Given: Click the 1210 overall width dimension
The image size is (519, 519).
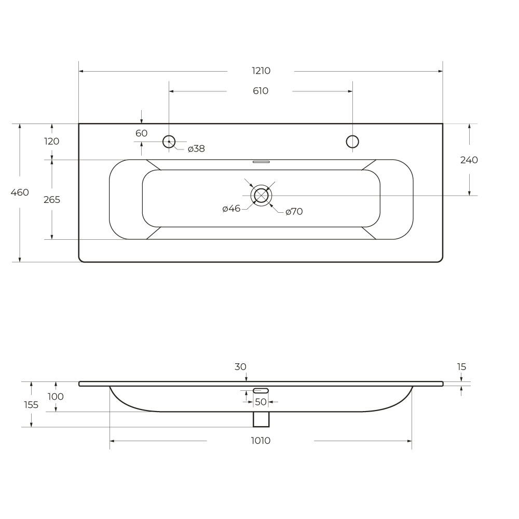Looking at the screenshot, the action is [x=261, y=71].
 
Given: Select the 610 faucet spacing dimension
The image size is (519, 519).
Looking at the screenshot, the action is [x=261, y=91].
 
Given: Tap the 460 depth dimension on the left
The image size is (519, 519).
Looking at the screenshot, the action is [x=20, y=193].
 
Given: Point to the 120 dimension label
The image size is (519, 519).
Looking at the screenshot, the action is [x=51, y=141].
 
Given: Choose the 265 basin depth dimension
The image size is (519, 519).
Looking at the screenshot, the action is [x=52, y=200].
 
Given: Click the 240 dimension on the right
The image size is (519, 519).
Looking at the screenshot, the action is [x=469, y=160].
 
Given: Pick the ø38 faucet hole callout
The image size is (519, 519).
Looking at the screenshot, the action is [x=196, y=149].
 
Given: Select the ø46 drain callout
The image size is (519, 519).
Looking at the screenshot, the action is [x=231, y=209].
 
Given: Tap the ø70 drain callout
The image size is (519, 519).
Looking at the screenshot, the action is [x=294, y=212].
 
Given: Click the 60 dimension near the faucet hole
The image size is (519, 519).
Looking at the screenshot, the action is [x=141, y=133].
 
